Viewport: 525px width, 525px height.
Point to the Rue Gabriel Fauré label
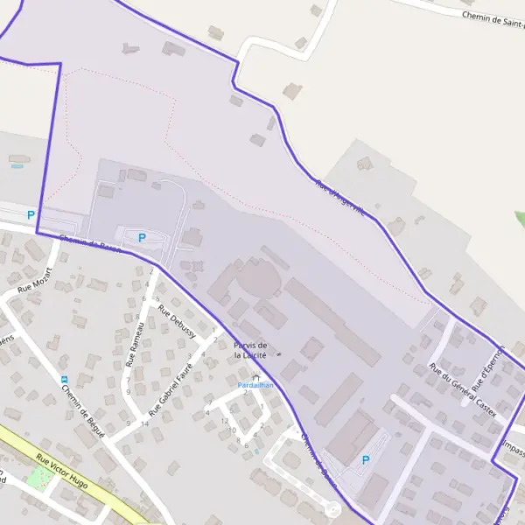coord(171,388)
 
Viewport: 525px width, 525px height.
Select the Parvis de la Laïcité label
coord(250,351)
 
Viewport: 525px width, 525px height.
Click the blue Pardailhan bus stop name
coord(256,384)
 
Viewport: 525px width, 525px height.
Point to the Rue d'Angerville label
coord(340,198)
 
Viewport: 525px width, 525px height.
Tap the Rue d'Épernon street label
coord(489,368)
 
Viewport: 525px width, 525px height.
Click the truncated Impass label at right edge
coord(514,452)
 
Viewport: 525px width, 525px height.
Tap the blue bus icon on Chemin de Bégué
coord(64,379)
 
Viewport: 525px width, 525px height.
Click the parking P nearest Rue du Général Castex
coord(366,459)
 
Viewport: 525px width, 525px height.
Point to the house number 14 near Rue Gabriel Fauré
coord(145,423)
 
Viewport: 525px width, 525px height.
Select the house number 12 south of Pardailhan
coord(225,421)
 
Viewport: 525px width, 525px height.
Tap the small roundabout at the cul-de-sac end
coord(332,509)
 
